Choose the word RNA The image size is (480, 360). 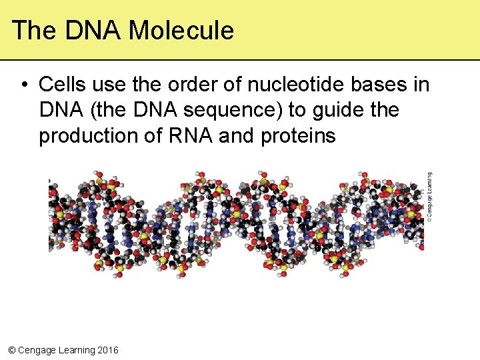coord(189,135)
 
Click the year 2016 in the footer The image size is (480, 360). coord(107,350)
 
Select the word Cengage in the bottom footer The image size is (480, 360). coord(36,350)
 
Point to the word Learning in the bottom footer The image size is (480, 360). coord(76,350)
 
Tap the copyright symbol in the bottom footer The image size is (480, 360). coord(10,350)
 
